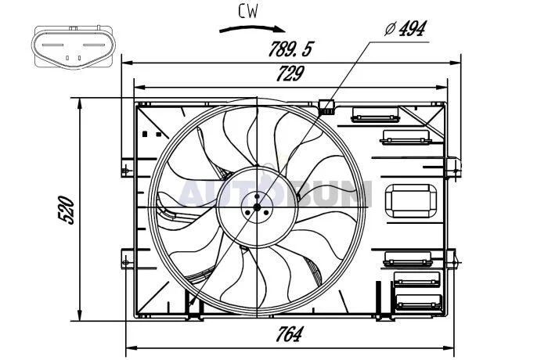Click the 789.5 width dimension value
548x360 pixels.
click(x=290, y=49)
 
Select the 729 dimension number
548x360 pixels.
click(x=290, y=74)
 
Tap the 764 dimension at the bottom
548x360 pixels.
click(x=290, y=334)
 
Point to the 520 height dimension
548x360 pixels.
click(x=66, y=210)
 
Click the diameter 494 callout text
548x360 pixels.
click(x=406, y=29)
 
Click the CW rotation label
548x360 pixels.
click(x=248, y=11)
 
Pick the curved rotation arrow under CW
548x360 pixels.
click(x=252, y=30)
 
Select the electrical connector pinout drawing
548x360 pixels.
click(x=74, y=47)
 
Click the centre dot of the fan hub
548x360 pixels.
click(x=257, y=207)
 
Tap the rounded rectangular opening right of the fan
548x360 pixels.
click(x=411, y=201)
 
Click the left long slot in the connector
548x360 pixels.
click(x=52, y=45)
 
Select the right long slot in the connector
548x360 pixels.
click(x=94, y=45)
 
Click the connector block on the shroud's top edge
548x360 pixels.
click(x=327, y=107)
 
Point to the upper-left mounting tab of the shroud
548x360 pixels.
click(x=127, y=168)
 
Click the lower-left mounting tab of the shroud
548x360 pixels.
click(x=127, y=258)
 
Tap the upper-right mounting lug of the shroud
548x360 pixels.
click(x=453, y=169)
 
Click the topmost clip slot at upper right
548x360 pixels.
click(x=375, y=114)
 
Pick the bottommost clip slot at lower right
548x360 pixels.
click(x=418, y=302)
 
